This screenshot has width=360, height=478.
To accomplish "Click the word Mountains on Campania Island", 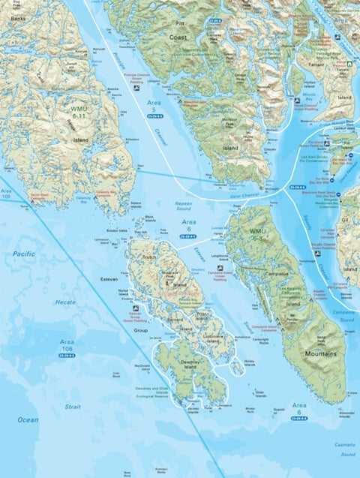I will tap(320, 353).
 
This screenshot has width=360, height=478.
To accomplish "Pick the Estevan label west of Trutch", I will tap(109, 278).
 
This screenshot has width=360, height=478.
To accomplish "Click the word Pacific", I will tap(23, 254).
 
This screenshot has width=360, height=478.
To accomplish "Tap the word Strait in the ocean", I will tap(72, 406).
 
